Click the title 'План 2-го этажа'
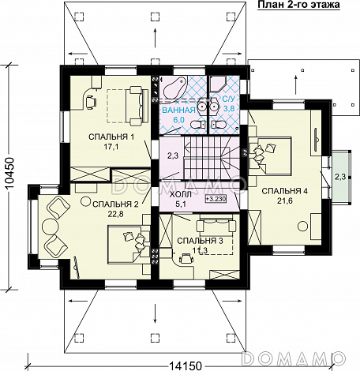pyautogui.click(x=298, y=5)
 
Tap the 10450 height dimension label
pyautogui.click(x=9, y=174)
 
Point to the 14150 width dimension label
pyautogui.click(x=185, y=366)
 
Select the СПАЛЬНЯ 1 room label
pyautogui.click(x=111, y=137)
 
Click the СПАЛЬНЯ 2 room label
pyautogui.click(x=115, y=204)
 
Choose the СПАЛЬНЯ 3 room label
pyautogui.click(x=200, y=241)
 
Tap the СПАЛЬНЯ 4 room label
pyautogui.click(x=285, y=191)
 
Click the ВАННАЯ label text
pyautogui.click(x=178, y=110)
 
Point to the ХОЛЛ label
pyautogui.click(x=181, y=195)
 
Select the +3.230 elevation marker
pyautogui.click(x=216, y=199)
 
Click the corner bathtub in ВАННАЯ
pyautogui.click(x=174, y=87)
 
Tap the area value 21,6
pyautogui.click(x=285, y=201)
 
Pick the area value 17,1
pyautogui.click(x=111, y=147)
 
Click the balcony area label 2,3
pyautogui.click(x=340, y=177)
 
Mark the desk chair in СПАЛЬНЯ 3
pyautogui.click(x=186, y=258)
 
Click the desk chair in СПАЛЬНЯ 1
pyautogui.click(x=90, y=102)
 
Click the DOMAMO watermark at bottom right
pyautogui.click(x=293, y=358)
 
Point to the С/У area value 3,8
pyautogui.click(x=229, y=108)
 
